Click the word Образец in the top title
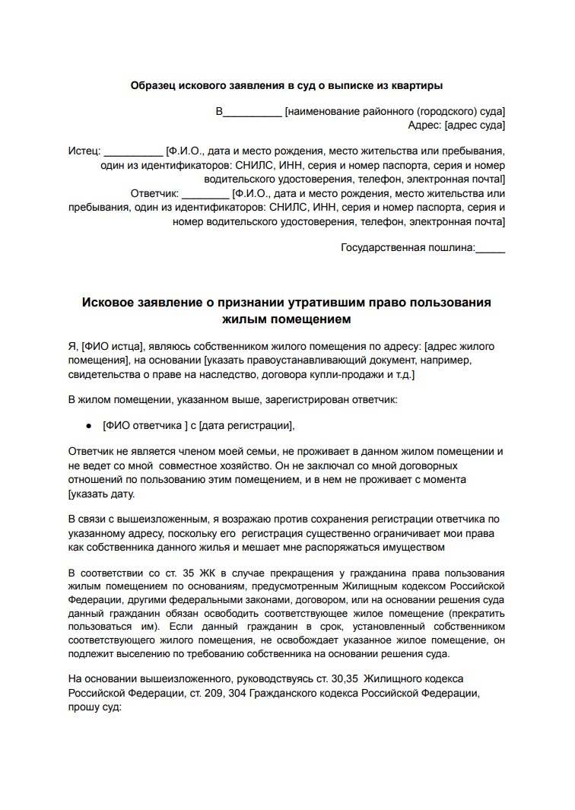tap(155, 86)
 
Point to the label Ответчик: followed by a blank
tap(154, 193)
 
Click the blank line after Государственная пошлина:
tap(490, 247)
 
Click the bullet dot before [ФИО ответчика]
tap(89, 426)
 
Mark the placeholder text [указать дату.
tap(101, 494)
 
